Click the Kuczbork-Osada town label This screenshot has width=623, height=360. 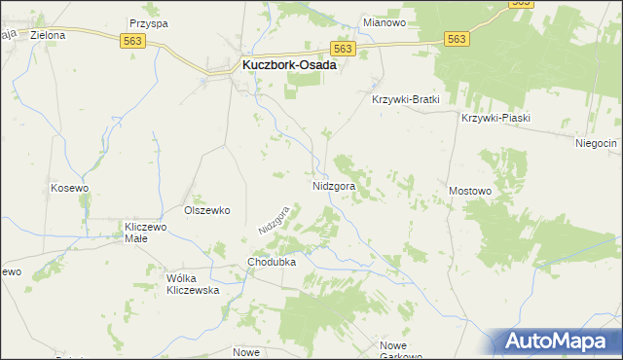[288, 65]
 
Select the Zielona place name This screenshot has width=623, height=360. [48, 35]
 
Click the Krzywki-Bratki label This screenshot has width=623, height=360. [407, 99]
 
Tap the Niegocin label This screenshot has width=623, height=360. [596, 143]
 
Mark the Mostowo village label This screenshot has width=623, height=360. [470, 192]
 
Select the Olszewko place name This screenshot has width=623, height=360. [206, 209]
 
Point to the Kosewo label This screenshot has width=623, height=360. [70, 187]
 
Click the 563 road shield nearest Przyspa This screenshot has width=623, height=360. [133, 40]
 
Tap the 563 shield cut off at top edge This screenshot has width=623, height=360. [521, 3]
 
